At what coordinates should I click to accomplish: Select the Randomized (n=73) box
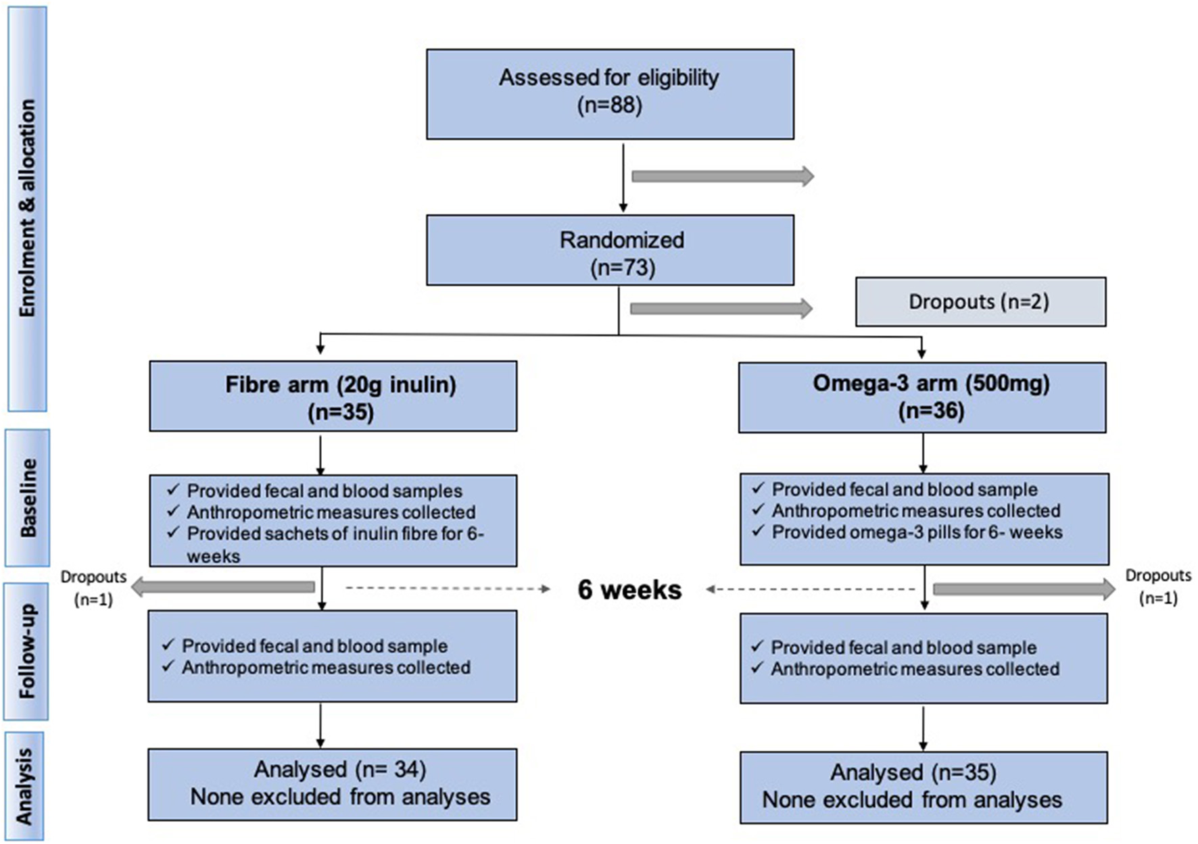(x=610, y=250)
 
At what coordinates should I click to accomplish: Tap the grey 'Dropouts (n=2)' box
(x=980, y=301)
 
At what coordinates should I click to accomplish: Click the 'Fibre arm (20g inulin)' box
(x=333, y=396)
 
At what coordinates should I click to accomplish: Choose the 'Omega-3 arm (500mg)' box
(x=921, y=396)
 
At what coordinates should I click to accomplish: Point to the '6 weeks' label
(x=629, y=590)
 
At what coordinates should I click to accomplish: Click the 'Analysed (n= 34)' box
(x=333, y=784)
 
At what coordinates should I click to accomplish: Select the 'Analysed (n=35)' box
(x=923, y=787)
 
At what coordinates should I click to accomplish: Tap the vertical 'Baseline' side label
(x=28, y=497)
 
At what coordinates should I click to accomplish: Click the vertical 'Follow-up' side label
(x=26, y=651)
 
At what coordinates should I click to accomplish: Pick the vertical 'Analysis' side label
(x=24, y=786)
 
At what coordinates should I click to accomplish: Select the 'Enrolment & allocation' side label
(x=27, y=208)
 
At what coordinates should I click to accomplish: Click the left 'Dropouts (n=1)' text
(x=93, y=588)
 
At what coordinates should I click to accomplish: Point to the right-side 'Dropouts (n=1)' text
(x=1157, y=587)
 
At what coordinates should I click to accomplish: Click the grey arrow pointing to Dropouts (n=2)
(x=721, y=309)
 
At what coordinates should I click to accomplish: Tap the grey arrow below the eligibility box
(x=722, y=176)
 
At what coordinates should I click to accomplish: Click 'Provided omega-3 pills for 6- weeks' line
(x=917, y=532)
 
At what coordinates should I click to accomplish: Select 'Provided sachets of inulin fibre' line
(x=335, y=534)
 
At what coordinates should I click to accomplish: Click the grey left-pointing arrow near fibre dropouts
(x=223, y=587)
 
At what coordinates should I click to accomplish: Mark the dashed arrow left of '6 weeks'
(x=448, y=589)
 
